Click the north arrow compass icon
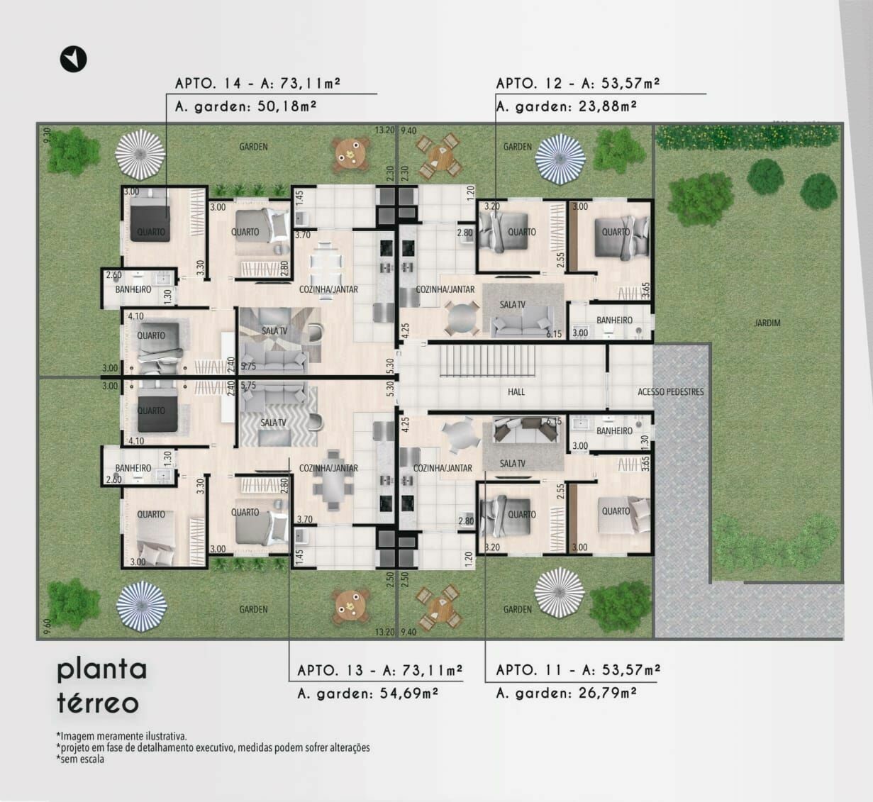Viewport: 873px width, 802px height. [x=73, y=59]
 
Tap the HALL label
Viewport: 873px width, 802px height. [x=516, y=392]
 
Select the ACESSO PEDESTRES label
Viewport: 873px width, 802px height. [x=671, y=391]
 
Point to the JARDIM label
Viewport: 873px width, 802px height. [x=767, y=323]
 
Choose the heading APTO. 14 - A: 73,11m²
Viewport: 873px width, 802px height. [x=257, y=83]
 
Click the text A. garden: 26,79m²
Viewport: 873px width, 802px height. [x=566, y=692]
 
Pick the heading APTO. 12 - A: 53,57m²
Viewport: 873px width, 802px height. [x=578, y=83]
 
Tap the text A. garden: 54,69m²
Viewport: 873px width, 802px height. [x=367, y=693]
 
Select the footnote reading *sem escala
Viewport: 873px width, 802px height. [x=80, y=759]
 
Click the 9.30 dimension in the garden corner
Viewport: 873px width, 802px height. [x=48, y=135]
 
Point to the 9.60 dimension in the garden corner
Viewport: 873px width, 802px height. [x=48, y=626]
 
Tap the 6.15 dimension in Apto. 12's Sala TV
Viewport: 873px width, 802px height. [x=554, y=334]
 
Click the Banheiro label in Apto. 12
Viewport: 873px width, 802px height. [x=614, y=321]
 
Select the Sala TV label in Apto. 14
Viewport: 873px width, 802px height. [x=274, y=330]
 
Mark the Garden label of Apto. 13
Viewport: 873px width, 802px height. [x=253, y=609]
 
